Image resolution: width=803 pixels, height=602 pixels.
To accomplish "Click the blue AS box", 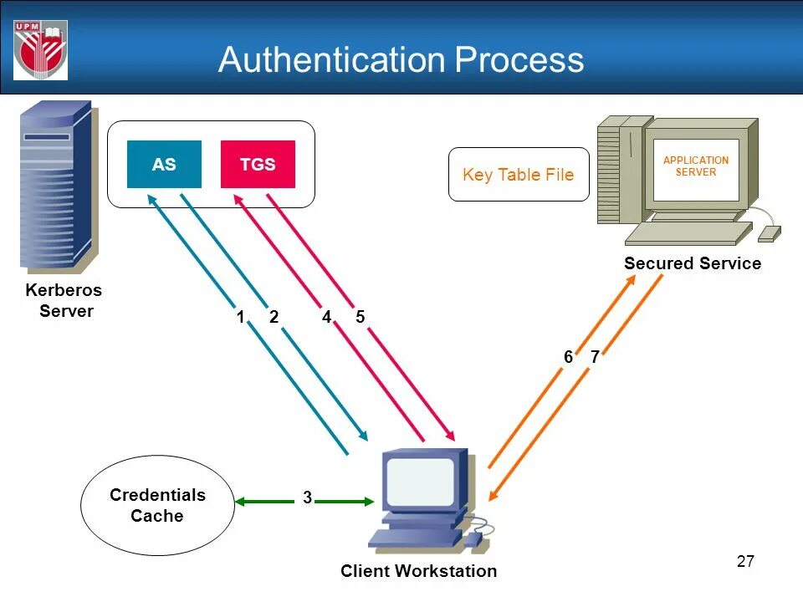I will tap(164, 165).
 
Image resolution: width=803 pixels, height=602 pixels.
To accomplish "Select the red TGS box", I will tap(258, 165).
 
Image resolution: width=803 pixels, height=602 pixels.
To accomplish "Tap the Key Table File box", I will tap(519, 175).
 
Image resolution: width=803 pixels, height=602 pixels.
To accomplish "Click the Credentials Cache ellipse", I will tap(157, 505).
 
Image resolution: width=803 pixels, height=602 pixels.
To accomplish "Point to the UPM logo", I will tap(40, 49).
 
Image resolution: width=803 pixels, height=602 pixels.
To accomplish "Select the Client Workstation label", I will tap(418, 571).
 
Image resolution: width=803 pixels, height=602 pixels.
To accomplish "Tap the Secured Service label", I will tap(693, 263).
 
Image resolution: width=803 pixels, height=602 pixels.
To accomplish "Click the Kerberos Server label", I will tap(64, 301).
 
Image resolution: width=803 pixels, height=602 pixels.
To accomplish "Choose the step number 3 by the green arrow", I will tap(308, 497).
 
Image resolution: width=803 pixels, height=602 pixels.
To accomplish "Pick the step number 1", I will tap(240, 317).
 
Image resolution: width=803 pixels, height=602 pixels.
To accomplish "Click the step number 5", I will tap(361, 317).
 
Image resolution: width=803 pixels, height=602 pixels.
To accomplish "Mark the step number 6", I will tap(568, 357).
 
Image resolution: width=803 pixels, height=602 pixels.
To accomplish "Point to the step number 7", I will tap(595, 357).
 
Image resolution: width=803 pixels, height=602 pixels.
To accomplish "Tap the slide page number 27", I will tap(745, 561).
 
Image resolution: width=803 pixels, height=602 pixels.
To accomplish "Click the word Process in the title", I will tap(519, 60).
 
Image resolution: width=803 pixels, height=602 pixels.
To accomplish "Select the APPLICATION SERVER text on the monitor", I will tap(696, 166).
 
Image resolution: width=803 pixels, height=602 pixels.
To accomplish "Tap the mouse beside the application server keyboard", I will tap(769, 232).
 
